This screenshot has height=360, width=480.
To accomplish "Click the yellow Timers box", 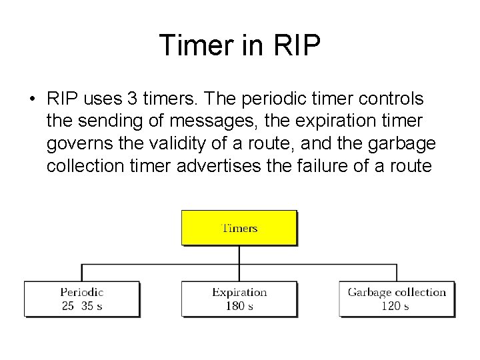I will (x=239, y=228).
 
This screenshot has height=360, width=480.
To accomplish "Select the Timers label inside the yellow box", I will (x=239, y=228).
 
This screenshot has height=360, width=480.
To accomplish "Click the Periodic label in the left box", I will (x=82, y=292).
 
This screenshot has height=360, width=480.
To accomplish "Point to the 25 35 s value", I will (x=82, y=305).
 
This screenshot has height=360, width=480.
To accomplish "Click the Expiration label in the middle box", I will (x=239, y=292).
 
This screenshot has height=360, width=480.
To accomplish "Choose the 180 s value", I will (x=239, y=305).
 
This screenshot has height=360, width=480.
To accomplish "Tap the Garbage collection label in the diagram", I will (x=397, y=292).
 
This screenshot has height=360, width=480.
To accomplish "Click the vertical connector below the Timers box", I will (x=239, y=255).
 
